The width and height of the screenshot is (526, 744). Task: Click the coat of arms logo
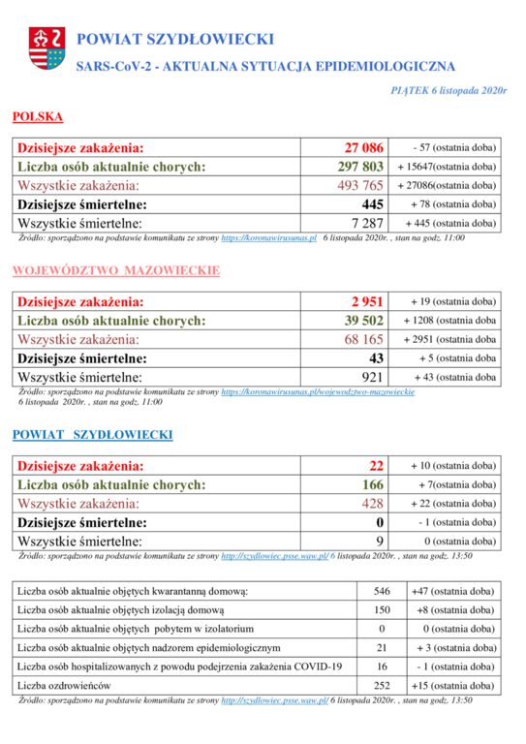pos(46,47)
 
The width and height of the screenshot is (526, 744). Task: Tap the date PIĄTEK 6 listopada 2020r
pos(449,91)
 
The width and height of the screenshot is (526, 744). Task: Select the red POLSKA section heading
pos(38,116)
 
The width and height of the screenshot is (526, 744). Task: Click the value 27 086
pos(364,147)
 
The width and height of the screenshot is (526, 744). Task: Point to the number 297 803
pos(360,167)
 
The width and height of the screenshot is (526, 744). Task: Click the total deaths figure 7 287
pos(367,223)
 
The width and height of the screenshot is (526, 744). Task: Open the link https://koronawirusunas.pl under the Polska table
pos(269,238)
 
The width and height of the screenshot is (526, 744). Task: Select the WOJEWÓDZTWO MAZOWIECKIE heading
pos(116,270)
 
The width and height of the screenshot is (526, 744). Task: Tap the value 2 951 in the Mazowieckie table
pos(367,302)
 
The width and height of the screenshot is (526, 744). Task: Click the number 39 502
pos(364,321)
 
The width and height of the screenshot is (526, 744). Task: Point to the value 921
pos(372,377)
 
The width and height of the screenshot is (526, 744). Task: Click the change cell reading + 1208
pos(449,321)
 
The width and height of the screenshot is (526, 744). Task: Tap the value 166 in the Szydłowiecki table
pos(373,484)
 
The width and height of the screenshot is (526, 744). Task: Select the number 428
pos(373,504)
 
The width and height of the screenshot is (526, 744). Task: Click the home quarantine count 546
pos(382,591)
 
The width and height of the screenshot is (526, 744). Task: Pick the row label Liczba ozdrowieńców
pos(64,686)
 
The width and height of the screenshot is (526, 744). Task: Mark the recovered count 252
pos(382,686)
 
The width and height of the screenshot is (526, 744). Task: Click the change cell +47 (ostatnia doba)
pos(453,591)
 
